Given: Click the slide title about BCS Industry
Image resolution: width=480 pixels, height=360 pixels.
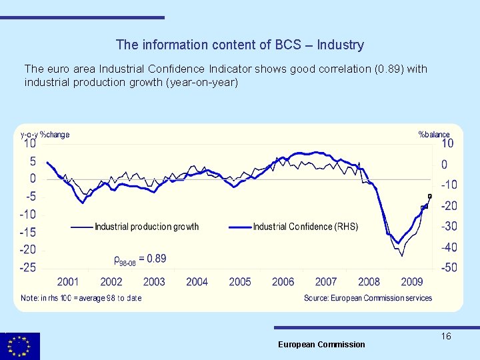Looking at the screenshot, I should click(239, 45).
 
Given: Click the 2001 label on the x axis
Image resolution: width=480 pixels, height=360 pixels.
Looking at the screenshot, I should click(68, 282).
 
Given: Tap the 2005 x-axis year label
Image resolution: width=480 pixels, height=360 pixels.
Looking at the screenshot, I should click(240, 282).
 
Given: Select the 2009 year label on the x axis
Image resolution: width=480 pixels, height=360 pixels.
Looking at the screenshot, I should click(412, 282).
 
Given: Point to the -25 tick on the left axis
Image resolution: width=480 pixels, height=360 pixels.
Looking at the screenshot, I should click(28, 267).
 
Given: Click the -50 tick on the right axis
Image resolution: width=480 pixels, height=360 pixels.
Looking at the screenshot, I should click(449, 267).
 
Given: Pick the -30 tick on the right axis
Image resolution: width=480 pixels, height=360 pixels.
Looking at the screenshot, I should click(449, 227).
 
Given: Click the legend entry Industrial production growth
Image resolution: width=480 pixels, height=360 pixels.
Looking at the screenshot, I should click(147, 227).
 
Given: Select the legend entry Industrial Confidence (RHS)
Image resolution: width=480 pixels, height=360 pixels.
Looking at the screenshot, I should click(305, 227).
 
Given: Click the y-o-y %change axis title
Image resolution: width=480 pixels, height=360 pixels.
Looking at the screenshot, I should click(45, 134).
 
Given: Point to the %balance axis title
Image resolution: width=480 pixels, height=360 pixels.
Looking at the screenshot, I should click(434, 134).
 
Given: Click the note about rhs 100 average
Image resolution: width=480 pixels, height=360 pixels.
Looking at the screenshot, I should click(81, 298).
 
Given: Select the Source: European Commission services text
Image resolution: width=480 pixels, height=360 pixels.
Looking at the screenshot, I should click(368, 298).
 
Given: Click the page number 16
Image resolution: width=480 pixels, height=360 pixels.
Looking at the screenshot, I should click(446, 336).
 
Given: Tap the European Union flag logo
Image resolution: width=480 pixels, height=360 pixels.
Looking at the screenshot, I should click(20, 347).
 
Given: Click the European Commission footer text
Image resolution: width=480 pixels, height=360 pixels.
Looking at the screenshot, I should click(321, 345).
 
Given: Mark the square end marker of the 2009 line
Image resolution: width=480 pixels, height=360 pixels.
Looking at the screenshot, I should click(430, 196).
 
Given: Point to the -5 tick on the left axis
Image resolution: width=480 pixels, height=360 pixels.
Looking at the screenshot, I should click(31, 197).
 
